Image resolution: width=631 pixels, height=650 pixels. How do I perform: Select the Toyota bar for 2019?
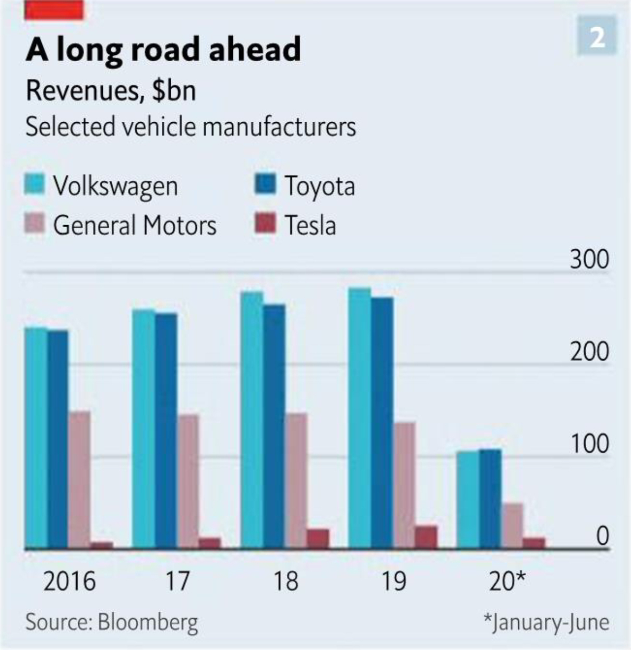click(x=382, y=423)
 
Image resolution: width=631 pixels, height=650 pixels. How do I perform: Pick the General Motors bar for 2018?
click(x=296, y=481)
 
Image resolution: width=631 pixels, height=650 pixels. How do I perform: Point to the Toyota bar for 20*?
click(x=491, y=499)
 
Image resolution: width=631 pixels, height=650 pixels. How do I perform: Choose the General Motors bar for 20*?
click(x=513, y=526)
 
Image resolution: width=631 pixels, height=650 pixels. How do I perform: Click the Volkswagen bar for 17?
click(x=144, y=429)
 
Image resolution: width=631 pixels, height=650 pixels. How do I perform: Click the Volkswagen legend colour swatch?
click(x=35, y=185)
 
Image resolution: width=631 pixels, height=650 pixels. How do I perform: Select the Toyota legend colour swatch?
click(x=265, y=185)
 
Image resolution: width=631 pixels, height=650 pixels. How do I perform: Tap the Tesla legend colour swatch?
click(x=265, y=224)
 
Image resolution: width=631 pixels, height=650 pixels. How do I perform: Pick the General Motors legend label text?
click(x=135, y=225)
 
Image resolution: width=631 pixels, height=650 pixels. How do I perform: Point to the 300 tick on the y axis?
click(x=589, y=260)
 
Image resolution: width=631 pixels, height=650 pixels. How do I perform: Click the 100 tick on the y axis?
click(x=589, y=444)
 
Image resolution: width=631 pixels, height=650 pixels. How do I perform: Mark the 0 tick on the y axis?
click(x=602, y=536)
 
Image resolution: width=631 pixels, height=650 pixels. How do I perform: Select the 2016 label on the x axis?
click(x=69, y=581)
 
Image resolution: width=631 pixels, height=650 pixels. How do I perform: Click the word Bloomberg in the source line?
click(x=148, y=622)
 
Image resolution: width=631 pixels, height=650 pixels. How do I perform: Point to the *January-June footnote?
click(x=546, y=622)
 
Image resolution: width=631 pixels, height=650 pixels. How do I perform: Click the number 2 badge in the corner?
click(x=598, y=37)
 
